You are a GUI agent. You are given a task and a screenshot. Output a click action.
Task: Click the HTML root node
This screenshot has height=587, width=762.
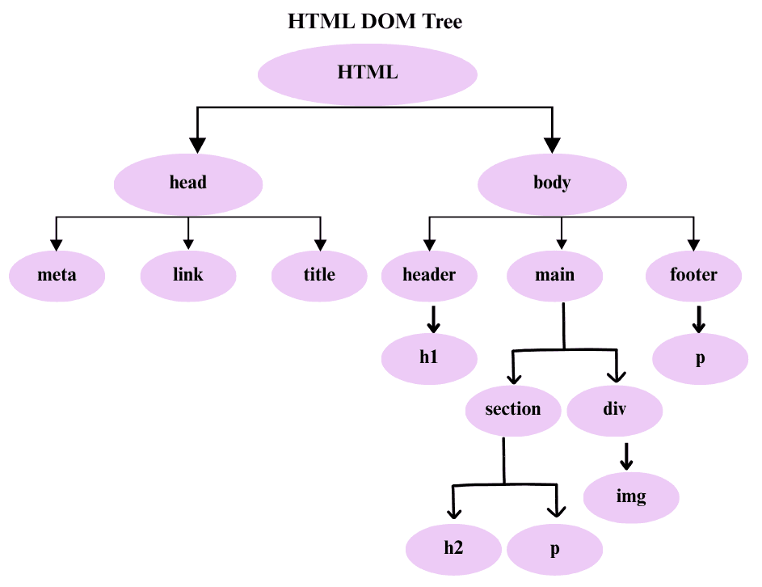tap(368, 73)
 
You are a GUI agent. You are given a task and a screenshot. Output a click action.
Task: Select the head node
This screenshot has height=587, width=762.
tap(188, 183)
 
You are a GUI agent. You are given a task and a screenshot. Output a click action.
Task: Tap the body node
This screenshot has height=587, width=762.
tap(552, 183)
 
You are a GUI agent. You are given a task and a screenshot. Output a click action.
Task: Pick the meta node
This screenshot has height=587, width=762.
tap(57, 275)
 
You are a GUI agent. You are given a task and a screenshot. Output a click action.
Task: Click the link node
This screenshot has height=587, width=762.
tap(188, 275)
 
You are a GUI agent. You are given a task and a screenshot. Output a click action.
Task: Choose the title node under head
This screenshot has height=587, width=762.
tap(319, 275)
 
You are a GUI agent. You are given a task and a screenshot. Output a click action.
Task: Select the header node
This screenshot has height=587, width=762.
tap(429, 275)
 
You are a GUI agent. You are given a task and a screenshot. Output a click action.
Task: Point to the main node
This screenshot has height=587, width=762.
tap(555, 275)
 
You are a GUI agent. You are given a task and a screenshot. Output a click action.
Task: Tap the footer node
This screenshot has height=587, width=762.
tap(693, 275)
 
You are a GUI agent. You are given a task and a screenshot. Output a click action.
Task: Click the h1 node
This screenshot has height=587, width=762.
tap(429, 357)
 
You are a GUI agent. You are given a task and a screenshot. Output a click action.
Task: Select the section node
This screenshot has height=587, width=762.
tap(513, 409)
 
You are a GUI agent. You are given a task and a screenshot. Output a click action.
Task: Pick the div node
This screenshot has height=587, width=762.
tap(615, 409)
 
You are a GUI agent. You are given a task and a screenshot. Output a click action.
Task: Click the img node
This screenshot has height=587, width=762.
tap(631, 496)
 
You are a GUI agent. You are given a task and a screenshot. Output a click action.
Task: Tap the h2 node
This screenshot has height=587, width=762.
tap(453, 548)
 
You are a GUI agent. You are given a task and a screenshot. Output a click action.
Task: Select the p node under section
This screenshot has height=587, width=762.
tap(555, 548)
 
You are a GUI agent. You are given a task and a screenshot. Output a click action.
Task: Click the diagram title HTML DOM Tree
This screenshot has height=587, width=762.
tap(375, 22)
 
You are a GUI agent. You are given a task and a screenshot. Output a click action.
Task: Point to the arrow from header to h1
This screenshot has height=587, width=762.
tap(433, 319)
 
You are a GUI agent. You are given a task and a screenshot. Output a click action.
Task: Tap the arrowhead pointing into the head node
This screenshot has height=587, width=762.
tap(198, 146)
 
